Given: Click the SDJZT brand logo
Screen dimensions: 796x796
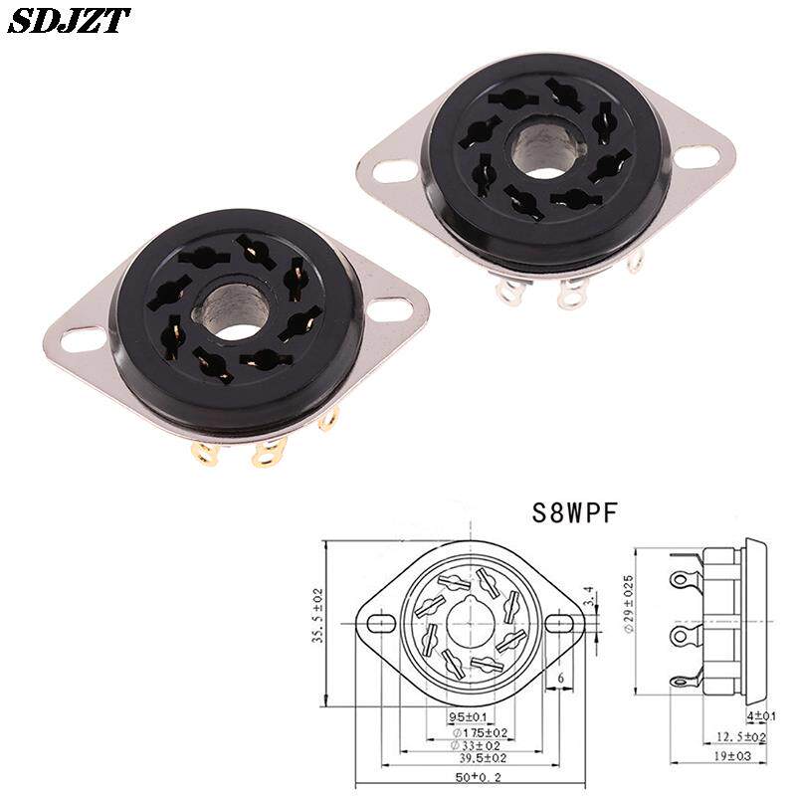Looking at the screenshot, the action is pyautogui.click(x=69, y=21).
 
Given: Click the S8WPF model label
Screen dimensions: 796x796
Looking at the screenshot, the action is pyautogui.click(x=574, y=512).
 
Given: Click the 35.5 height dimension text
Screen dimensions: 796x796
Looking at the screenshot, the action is pyautogui.click(x=317, y=615).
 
